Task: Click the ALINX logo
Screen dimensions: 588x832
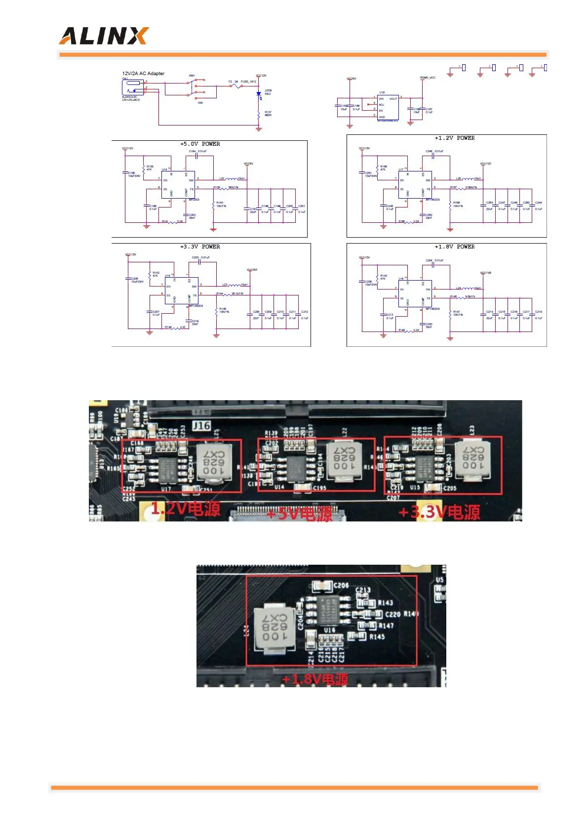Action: (104, 36)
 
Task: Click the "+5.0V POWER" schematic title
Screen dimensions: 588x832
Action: (200, 144)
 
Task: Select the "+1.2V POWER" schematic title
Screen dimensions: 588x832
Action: (454, 138)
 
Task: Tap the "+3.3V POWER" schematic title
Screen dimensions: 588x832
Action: (200, 247)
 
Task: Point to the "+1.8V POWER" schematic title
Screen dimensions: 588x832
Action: (454, 247)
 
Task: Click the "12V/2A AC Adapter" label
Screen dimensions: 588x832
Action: (143, 74)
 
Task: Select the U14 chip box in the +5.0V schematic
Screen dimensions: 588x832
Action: (178, 184)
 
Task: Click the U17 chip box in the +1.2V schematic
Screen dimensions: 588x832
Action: (415, 184)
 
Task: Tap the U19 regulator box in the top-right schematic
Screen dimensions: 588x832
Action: (388, 108)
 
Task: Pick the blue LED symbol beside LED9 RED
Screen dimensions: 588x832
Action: (258, 93)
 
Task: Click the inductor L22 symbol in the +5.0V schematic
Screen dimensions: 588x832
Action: (231, 179)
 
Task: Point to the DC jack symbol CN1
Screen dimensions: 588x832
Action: (132, 88)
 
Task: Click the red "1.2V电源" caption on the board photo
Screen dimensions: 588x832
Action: (186, 508)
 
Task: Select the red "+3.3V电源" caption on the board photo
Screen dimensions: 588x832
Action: (439, 512)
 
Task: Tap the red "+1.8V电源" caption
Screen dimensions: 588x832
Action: (314, 679)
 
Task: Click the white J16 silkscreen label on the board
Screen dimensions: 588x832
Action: (201, 425)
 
